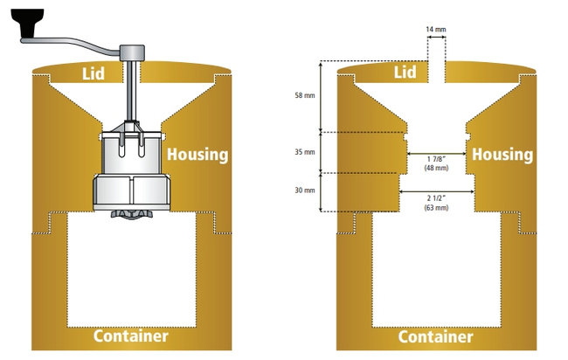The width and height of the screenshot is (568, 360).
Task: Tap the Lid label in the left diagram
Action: (x=93, y=73)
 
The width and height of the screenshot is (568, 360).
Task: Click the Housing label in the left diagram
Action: (x=197, y=155)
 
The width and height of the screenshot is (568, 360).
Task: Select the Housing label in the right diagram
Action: (x=502, y=155)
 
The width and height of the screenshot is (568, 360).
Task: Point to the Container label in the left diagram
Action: (x=130, y=336)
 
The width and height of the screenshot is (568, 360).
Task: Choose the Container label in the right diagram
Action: (x=435, y=336)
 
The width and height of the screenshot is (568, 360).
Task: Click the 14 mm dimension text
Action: (x=435, y=30)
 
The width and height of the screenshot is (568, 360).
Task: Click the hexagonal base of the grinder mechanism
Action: (x=130, y=191)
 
